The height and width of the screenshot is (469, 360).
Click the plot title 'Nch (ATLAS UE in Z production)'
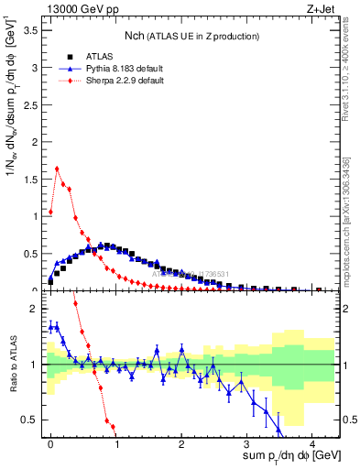[x=191, y=36]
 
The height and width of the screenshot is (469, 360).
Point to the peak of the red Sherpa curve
[x=57, y=169]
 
